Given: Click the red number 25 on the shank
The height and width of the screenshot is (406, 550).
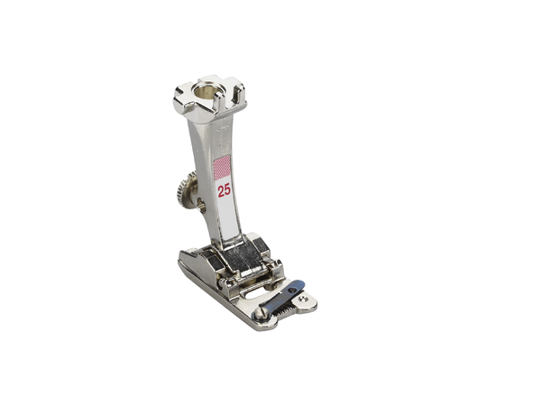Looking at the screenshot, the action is tap(225, 190).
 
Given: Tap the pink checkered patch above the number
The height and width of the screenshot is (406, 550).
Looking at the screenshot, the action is tap(222, 167).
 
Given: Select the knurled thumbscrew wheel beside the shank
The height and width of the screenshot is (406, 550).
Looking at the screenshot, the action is tap(186, 189).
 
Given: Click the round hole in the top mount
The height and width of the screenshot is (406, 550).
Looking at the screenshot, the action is tap(205, 92).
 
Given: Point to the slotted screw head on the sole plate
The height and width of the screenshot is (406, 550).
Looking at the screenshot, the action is tap(259, 314).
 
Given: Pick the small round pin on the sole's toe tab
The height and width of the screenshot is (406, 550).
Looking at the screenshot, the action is tap(301, 299).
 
